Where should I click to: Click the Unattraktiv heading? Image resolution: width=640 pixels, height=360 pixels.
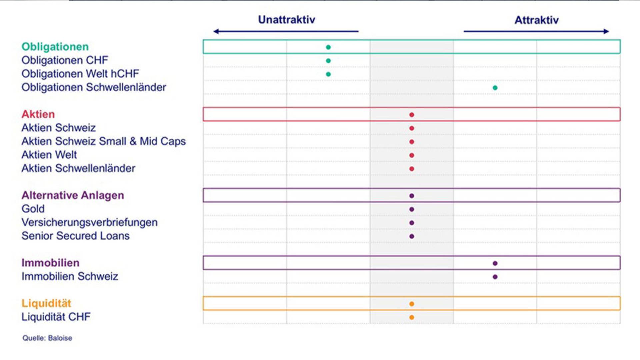287,20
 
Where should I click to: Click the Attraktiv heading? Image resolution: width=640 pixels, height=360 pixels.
537,20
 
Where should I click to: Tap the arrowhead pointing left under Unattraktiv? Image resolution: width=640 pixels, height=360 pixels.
216,31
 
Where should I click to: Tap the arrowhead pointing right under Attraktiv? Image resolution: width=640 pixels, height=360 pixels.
606,31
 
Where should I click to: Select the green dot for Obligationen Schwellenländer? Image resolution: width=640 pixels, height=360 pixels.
495,88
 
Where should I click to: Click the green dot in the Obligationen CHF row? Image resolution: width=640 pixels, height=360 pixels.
328,61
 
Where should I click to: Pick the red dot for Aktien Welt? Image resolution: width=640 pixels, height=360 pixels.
412,155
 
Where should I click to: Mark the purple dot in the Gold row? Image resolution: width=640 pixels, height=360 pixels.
412,209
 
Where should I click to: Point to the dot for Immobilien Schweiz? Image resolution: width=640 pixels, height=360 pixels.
495,277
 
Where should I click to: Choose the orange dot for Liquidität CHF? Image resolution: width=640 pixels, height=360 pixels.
412,317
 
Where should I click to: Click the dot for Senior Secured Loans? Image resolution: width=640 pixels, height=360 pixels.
412,236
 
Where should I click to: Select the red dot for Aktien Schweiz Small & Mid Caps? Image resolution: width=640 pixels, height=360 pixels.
412,142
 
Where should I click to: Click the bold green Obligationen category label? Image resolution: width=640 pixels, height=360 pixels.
55,47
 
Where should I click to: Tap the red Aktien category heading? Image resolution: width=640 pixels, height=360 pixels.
38,114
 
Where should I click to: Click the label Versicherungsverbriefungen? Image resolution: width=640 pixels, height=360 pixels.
90,222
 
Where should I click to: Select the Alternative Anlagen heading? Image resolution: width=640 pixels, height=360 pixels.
73,195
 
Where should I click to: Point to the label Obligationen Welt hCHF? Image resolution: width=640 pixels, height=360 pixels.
80,74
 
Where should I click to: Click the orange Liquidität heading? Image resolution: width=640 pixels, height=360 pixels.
46,303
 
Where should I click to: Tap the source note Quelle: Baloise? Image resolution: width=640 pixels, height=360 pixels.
47,338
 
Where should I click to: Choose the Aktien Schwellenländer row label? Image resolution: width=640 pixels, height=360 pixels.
78,168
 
